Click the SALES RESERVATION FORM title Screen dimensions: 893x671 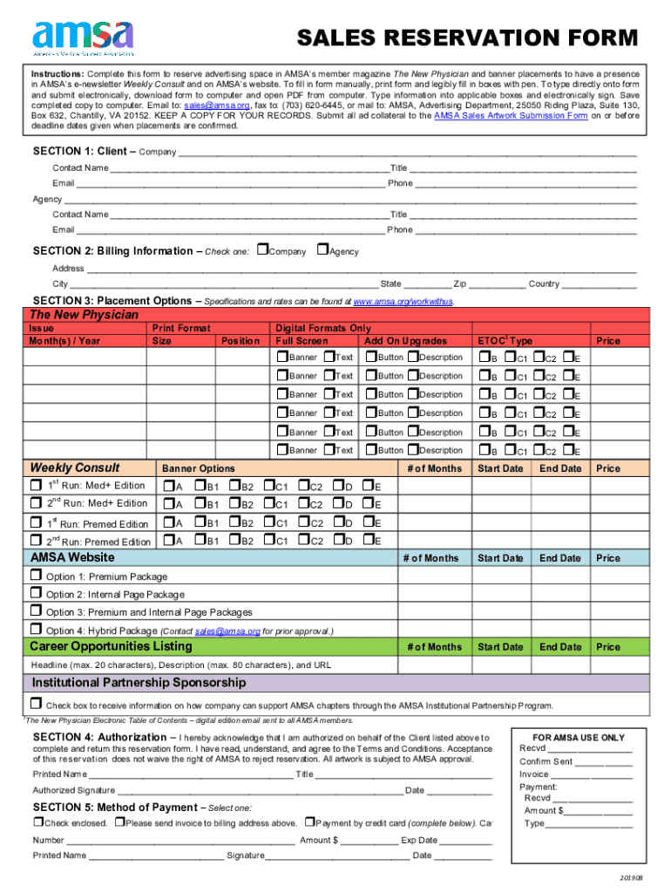click(467, 38)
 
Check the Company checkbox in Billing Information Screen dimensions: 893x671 click(263, 250)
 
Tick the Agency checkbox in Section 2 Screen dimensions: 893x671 click(322, 250)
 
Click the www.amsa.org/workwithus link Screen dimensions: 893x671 click(403, 301)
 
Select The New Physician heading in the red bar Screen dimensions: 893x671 click(84, 314)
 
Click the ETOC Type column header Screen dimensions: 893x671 click(505, 341)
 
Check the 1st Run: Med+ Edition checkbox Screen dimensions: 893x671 click(36, 485)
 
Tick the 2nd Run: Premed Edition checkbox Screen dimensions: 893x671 click(36, 541)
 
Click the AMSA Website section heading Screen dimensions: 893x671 click(72, 557)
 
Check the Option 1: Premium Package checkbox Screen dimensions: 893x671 click(36, 576)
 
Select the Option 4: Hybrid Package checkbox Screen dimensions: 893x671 click(36, 630)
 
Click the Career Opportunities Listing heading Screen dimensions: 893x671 click(111, 646)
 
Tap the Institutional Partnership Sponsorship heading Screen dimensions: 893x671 click(139, 682)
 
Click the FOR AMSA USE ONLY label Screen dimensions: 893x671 click(578, 738)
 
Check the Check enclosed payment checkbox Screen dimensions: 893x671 click(38, 822)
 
